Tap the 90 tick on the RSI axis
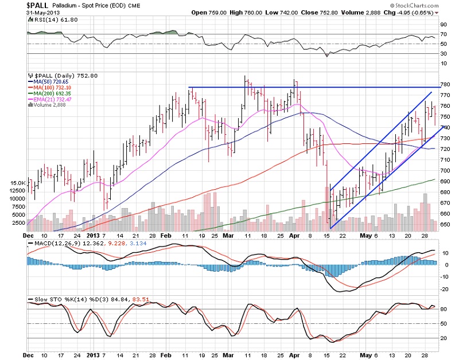pos(444,25)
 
